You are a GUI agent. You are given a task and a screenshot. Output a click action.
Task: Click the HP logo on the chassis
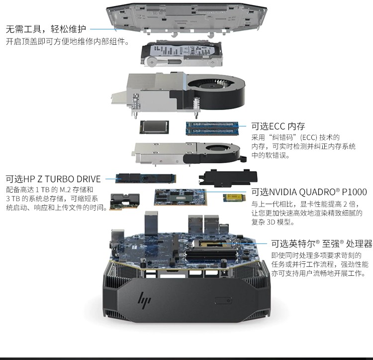tap(144, 300)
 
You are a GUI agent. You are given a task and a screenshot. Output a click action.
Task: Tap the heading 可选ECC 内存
tap(278, 126)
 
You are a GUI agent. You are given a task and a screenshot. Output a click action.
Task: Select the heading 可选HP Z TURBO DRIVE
tap(53, 179)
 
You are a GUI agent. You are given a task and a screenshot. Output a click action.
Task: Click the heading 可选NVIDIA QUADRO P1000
tap(309, 192)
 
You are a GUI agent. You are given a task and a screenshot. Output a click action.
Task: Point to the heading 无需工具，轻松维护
tap(46, 29)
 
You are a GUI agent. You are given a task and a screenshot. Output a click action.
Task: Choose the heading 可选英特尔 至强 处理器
tap(322, 243)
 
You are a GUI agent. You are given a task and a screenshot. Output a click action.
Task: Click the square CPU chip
tap(154, 127)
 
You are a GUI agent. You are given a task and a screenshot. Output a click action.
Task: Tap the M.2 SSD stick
tap(146, 178)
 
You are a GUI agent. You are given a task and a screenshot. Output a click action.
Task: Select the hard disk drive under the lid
tap(181, 54)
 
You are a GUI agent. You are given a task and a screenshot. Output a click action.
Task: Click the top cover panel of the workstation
tap(186, 18)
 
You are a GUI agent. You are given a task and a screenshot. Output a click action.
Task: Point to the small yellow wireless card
tap(231, 198)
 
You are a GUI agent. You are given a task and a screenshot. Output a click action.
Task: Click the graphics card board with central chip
tap(180, 197)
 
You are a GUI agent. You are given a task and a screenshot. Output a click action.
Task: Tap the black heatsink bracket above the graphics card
tap(228, 178)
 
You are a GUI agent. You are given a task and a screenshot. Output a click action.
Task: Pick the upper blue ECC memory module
tap(212, 125)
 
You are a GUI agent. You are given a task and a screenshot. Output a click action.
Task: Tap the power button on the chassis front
tap(223, 300)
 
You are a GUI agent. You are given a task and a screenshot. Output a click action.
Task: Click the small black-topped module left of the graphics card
tap(124, 202)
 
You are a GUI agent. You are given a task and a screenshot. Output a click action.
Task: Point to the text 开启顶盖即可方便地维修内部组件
tap(68, 42)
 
